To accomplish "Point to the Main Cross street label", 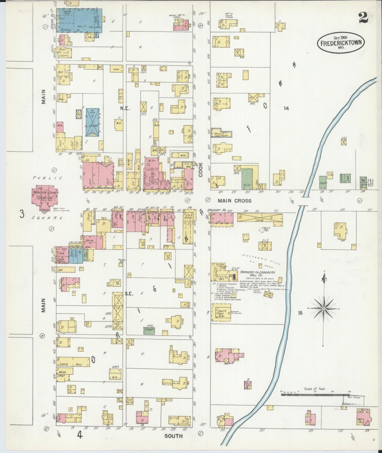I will click(x=235, y=201).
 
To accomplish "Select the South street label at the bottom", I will click(x=173, y=436).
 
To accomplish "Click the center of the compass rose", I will click(x=324, y=309).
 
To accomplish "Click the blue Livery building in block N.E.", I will click(x=93, y=122).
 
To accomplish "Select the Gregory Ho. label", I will click(x=217, y=211).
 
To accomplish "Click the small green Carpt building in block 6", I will click(x=149, y=330).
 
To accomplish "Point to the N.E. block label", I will click(x=124, y=108).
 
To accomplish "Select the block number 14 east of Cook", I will click(x=286, y=108).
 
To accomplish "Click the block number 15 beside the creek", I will click(x=300, y=313).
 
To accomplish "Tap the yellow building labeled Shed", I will click(x=116, y=69).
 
